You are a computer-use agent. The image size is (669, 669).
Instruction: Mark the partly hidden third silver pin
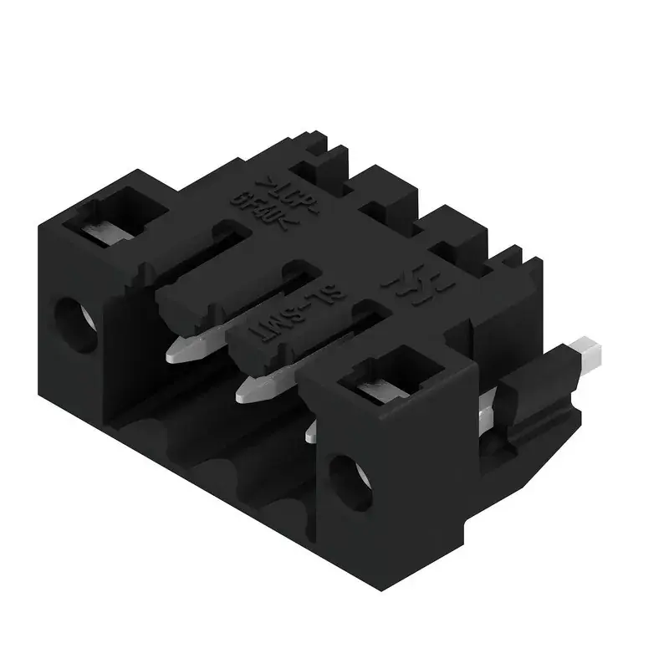311,430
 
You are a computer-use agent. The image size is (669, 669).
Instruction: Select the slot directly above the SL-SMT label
289,284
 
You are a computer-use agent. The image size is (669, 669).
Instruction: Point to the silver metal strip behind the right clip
485,414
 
